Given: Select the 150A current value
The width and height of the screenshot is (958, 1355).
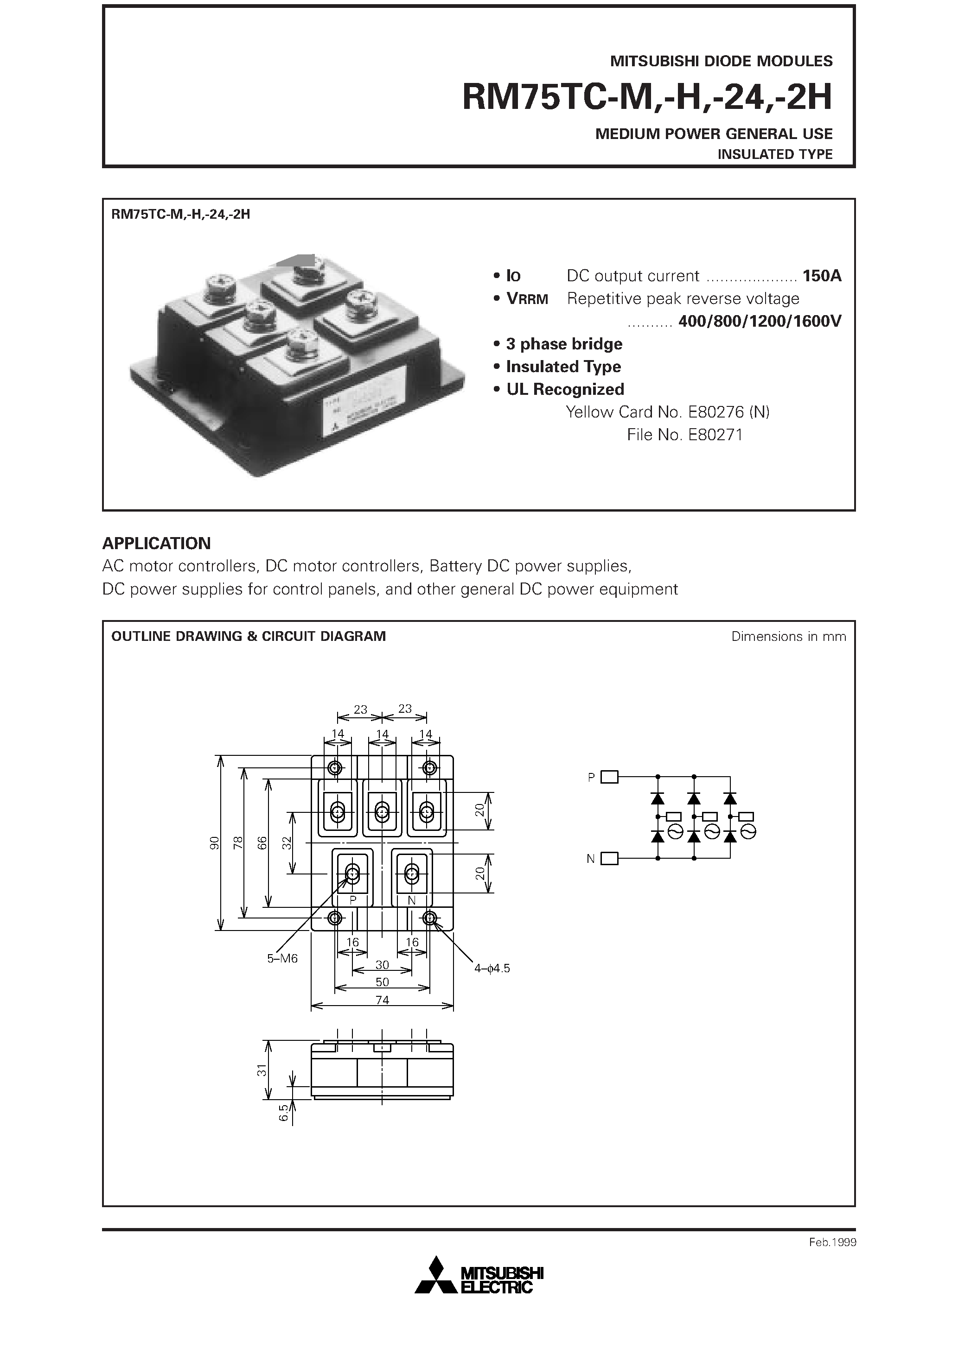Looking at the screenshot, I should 822,276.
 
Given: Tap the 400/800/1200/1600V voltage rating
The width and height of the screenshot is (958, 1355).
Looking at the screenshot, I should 760,321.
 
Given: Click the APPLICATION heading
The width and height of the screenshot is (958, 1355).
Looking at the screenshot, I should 157,543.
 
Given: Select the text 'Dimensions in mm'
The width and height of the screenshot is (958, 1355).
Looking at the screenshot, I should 788,636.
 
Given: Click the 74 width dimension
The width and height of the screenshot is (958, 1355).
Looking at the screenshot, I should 382,1000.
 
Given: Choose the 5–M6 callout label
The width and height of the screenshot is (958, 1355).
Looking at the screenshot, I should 282,958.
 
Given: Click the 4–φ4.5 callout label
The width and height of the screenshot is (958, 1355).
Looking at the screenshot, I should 492,968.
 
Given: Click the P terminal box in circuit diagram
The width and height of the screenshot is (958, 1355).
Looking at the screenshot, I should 609,777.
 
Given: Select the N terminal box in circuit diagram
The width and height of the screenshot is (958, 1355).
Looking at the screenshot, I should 609,859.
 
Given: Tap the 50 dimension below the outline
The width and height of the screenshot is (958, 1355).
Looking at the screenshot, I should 382,982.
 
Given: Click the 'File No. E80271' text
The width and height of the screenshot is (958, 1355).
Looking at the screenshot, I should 684,435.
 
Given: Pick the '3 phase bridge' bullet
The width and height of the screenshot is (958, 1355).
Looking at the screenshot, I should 564,344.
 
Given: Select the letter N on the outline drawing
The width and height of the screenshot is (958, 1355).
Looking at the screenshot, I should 412,900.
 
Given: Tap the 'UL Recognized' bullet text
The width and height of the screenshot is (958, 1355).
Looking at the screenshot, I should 565,390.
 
